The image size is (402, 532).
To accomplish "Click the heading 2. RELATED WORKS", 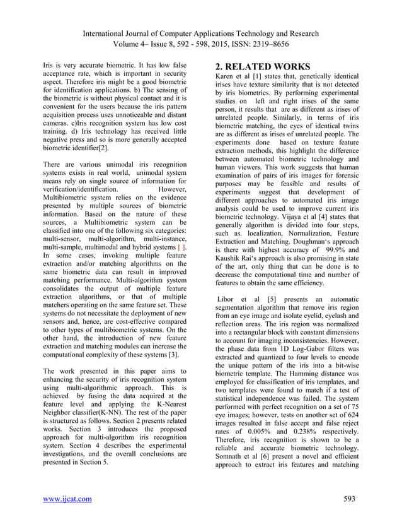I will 263,67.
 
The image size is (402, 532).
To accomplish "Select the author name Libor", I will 227,298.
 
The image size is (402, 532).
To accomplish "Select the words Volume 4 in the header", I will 127,45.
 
